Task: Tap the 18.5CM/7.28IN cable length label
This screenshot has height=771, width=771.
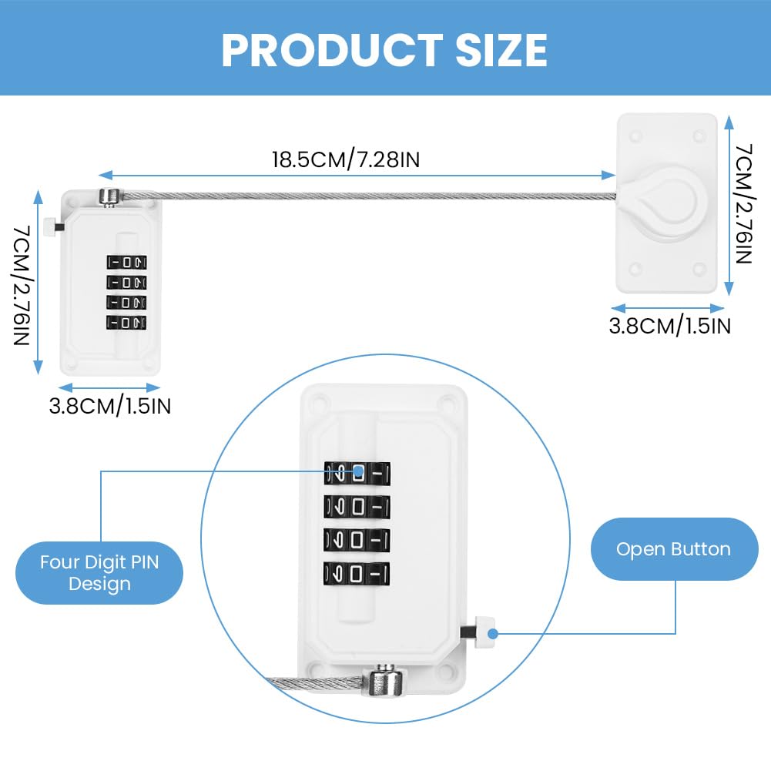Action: click(x=346, y=159)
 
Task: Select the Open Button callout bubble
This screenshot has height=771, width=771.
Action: click(x=674, y=548)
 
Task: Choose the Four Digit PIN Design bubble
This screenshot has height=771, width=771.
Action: click(x=99, y=573)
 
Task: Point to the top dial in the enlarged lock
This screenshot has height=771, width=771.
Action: click(x=357, y=474)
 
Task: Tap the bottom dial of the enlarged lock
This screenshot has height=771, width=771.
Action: click(x=357, y=574)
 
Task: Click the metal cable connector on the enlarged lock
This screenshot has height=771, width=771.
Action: click(x=385, y=681)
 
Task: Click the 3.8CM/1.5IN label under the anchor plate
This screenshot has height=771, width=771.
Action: click(x=669, y=326)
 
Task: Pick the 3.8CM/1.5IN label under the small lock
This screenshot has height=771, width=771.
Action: click(x=110, y=406)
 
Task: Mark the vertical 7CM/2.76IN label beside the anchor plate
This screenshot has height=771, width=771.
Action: click(x=744, y=203)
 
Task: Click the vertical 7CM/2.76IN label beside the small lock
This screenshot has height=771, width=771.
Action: click(x=22, y=285)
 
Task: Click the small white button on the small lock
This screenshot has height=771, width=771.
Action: click(x=49, y=226)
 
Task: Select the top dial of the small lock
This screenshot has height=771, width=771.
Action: click(x=126, y=262)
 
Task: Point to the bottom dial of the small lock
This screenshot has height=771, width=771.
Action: click(x=126, y=323)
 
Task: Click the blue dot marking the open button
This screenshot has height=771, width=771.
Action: click(x=493, y=634)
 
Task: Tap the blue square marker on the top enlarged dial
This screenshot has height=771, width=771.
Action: click(x=359, y=471)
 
